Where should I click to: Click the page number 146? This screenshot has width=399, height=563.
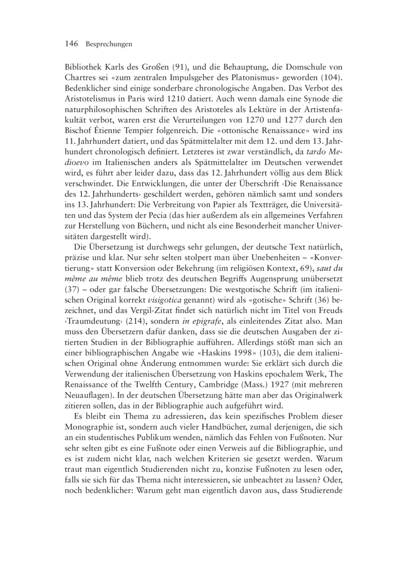click(73, 44)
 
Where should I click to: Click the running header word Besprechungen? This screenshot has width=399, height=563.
click(108, 45)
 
